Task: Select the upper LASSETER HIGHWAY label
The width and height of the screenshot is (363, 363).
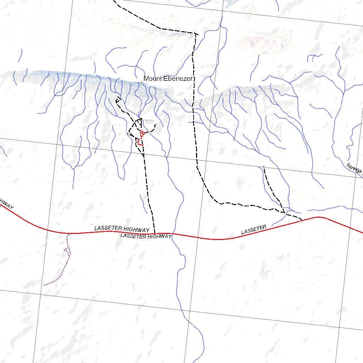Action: tap(122, 229)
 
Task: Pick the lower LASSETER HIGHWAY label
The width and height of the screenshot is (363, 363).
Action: tap(146, 236)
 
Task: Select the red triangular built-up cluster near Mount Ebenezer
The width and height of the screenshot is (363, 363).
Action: tap(142, 134)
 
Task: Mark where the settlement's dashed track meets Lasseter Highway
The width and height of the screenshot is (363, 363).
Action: tap(155, 233)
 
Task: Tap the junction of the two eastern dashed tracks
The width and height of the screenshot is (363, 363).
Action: tap(285, 213)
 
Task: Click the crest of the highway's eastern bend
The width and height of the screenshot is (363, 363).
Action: tap(318, 217)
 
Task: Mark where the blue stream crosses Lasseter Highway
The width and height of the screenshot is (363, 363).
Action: tap(172, 234)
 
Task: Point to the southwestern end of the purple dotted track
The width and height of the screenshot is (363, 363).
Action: tap(44, 285)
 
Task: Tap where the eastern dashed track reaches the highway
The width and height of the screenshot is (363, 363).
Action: tap(302, 220)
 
